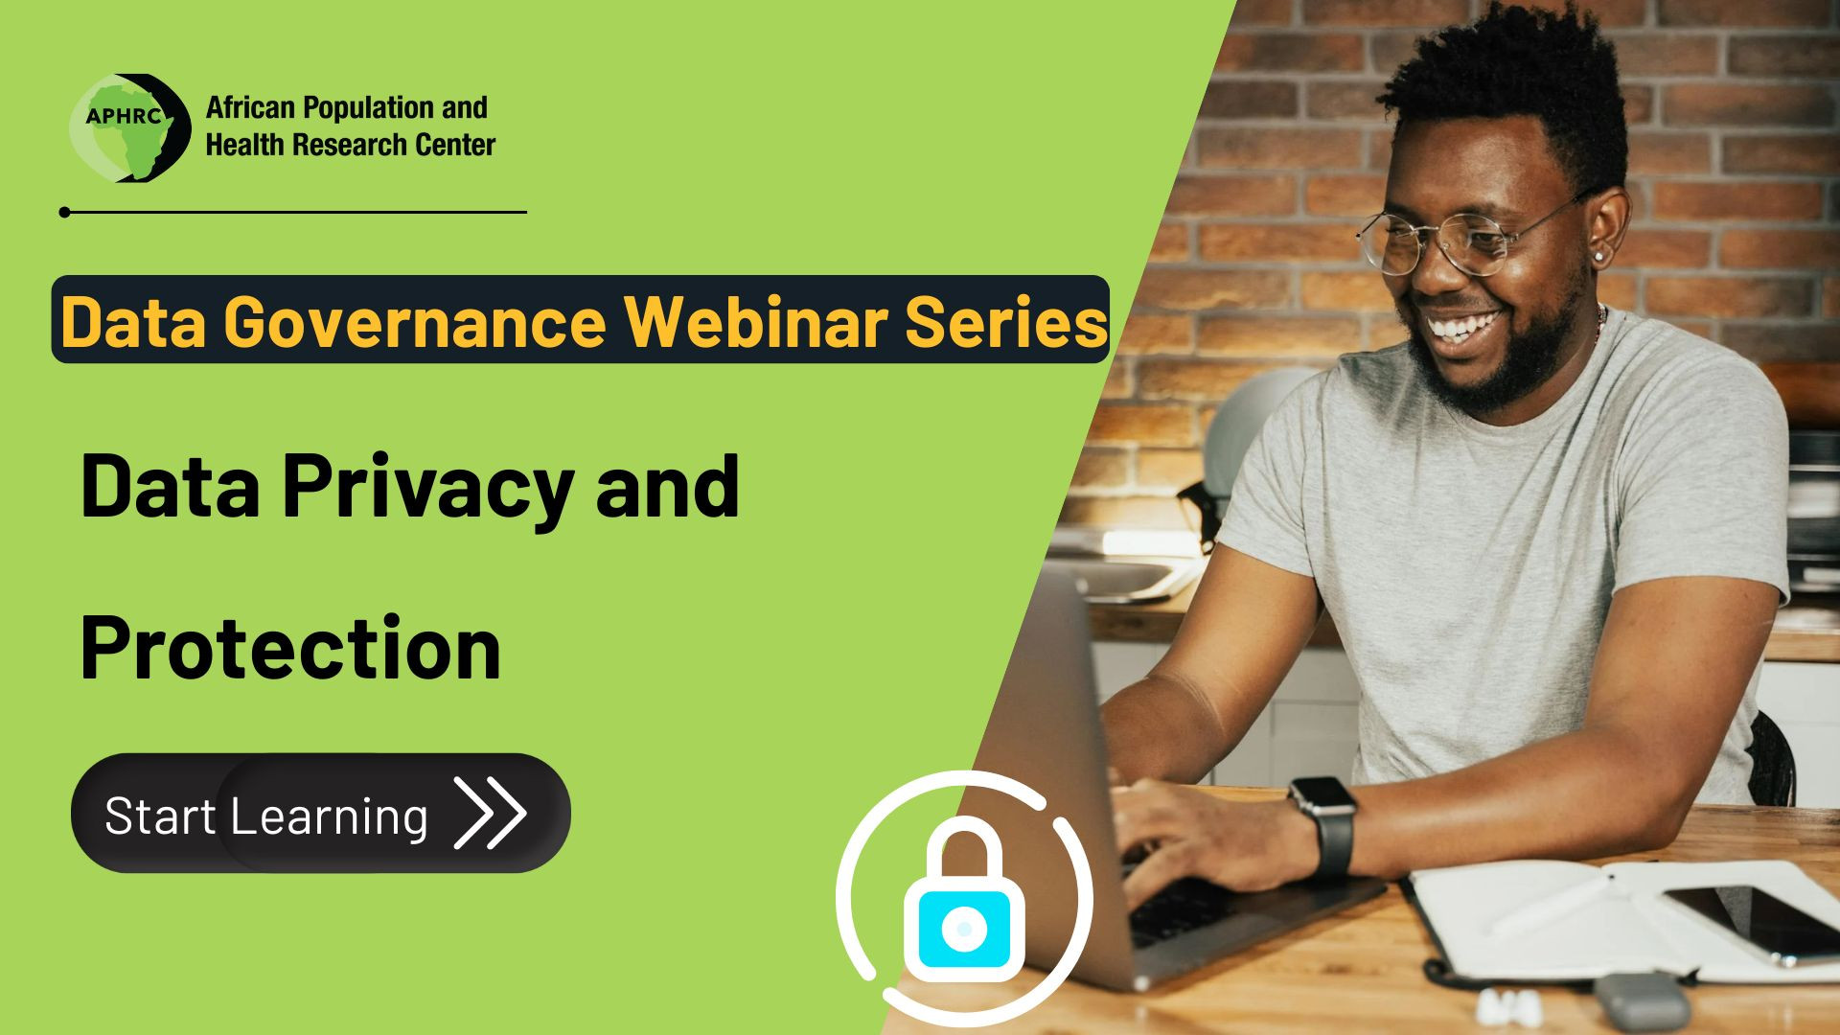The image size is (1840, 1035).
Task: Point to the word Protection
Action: coord(290,648)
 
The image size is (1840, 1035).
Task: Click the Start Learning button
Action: coord(320,813)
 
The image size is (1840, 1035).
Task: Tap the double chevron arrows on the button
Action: coord(490,813)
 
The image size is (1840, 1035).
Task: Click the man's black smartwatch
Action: coord(1323,825)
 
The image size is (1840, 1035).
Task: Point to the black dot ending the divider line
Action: coord(64,212)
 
